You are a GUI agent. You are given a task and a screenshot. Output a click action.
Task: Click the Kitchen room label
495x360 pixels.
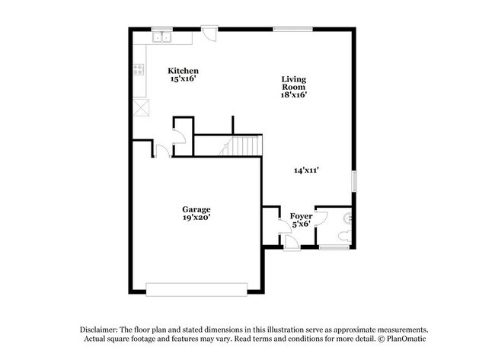[x=183, y=71]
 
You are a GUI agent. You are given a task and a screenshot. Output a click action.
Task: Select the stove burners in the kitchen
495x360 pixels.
[x=139, y=69]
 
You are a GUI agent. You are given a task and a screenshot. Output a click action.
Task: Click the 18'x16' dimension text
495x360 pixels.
[x=294, y=95]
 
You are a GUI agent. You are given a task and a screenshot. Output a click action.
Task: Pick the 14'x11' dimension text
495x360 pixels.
[x=306, y=170]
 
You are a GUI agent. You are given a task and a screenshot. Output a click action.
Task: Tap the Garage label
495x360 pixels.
[x=196, y=209]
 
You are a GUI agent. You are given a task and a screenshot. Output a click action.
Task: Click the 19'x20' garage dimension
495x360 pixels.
[x=196, y=218]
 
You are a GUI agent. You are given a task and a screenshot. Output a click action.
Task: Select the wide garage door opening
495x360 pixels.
[x=196, y=288]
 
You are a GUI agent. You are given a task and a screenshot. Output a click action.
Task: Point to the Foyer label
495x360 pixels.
[x=302, y=216]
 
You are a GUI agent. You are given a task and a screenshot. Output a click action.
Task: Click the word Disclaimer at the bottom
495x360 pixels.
[x=104, y=328]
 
